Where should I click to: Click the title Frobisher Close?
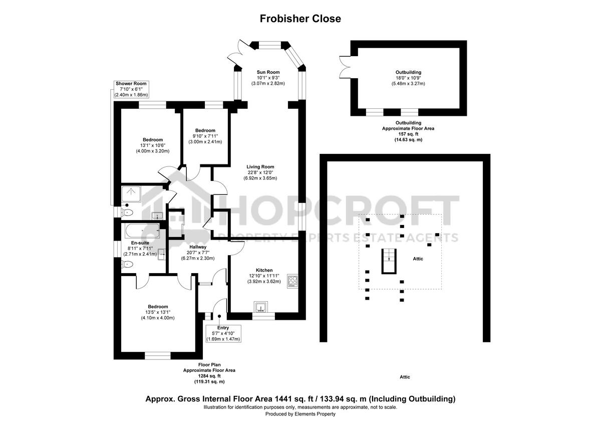[x=300, y=19]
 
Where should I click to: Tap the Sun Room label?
[x=268, y=72]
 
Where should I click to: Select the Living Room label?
[x=260, y=167]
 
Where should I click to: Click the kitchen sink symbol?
[x=260, y=306]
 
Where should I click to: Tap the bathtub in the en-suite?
[x=142, y=232]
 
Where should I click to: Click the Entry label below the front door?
[x=223, y=328]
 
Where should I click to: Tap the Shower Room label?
[x=132, y=83]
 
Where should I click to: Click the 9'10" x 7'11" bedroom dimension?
[x=205, y=136]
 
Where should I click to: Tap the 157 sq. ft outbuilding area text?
[x=408, y=134]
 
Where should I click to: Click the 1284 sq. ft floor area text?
[x=209, y=376]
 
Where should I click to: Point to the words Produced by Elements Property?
[x=300, y=414]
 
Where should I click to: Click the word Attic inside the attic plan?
[x=418, y=259]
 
